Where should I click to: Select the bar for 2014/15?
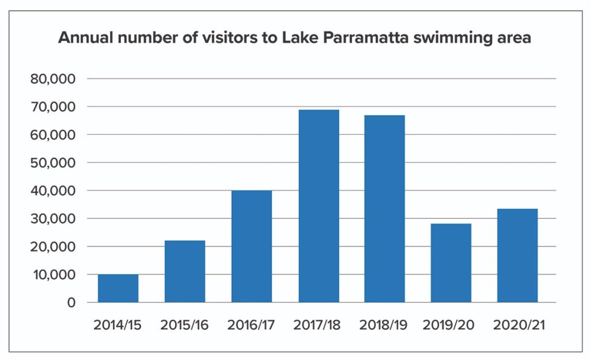click(x=118, y=289)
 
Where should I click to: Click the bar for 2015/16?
click(x=185, y=271)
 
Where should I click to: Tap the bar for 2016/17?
click(x=252, y=247)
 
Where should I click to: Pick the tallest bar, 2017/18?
click(x=319, y=206)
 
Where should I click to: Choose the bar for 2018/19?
click(x=385, y=209)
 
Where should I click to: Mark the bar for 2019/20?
click(x=452, y=263)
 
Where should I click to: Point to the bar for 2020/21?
click(x=518, y=256)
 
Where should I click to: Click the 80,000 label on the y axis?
click(x=53, y=79)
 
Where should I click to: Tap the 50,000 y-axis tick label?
click(x=53, y=163)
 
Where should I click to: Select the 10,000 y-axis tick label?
click(x=53, y=275)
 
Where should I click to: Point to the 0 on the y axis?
click(x=71, y=303)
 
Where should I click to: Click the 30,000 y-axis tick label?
click(x=53, y=219)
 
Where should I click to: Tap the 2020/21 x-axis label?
click(x=518, y=325)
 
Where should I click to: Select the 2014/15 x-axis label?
click(x=118, y=325)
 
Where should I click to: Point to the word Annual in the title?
click(x=85, y=39)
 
